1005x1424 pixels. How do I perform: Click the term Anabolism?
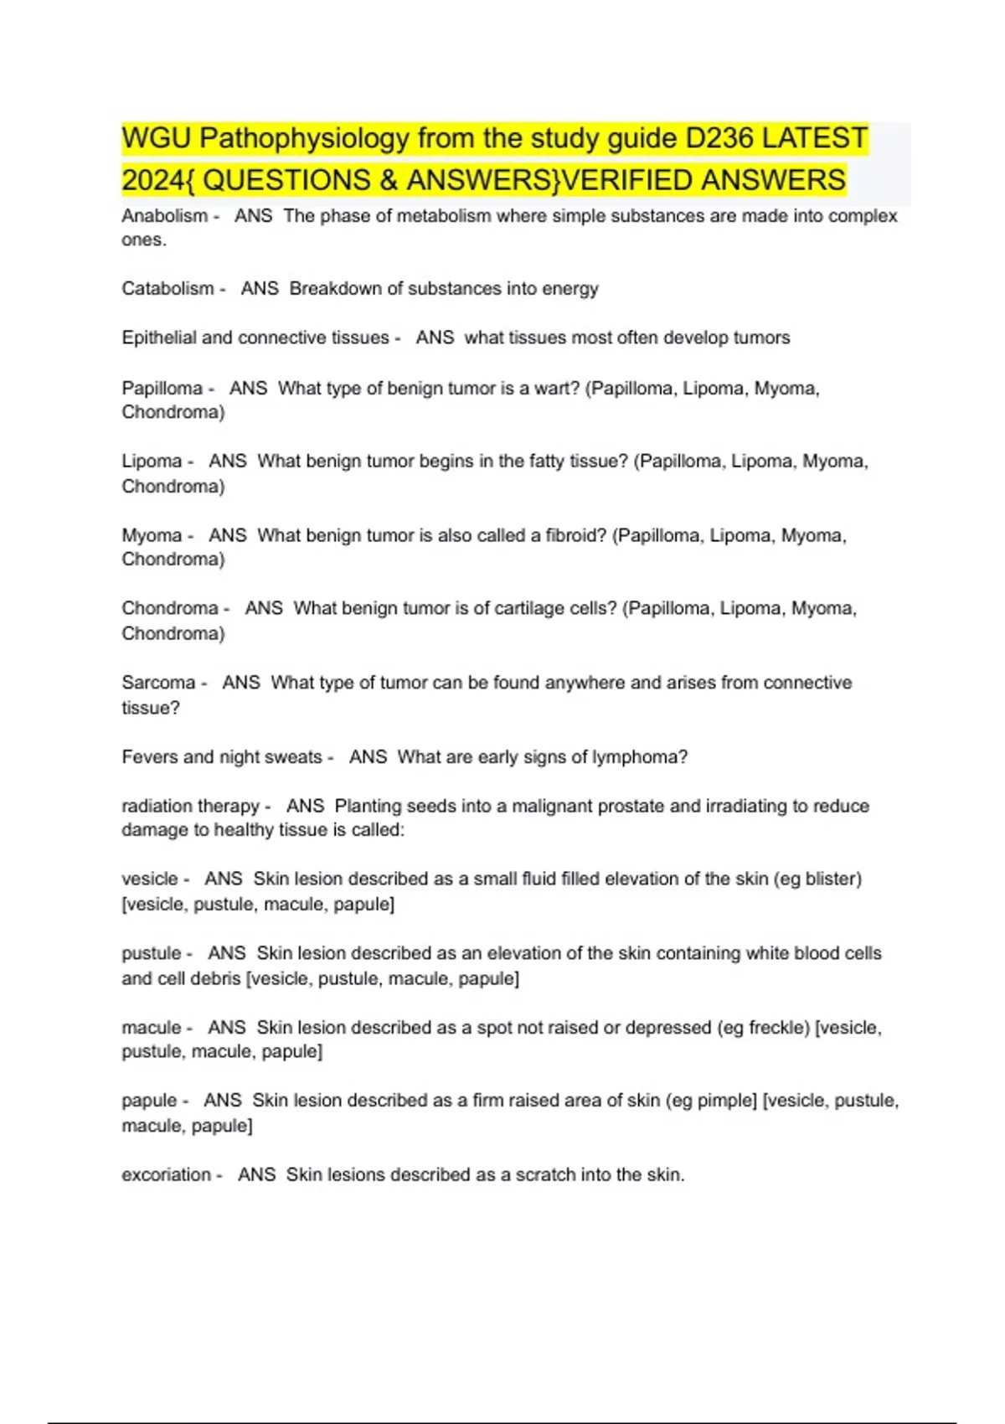click(164, 216)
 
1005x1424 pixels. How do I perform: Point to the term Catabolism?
click(167, 289)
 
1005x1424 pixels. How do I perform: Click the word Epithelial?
click(159, 338)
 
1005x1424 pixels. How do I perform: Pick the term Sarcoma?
click(158, 683)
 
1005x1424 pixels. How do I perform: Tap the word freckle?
click(778, 1028)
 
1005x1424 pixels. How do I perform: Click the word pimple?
click(729, 1101)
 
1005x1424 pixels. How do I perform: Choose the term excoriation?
click(166, 1175)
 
